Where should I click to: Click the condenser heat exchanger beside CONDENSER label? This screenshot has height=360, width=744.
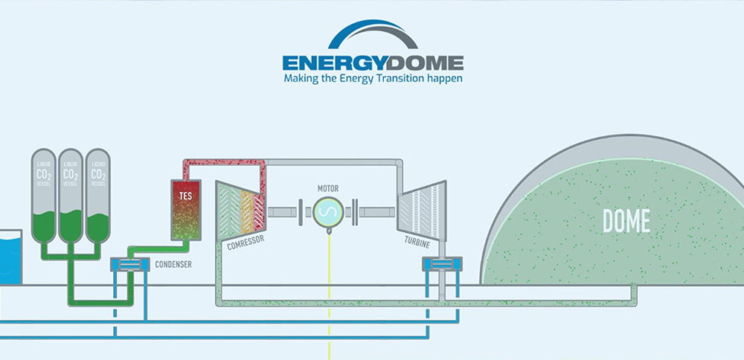[x=129, y=263]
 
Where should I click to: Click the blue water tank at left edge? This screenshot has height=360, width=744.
[x=10, y=257]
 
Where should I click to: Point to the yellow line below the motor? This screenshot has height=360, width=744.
[x=327, y=298]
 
